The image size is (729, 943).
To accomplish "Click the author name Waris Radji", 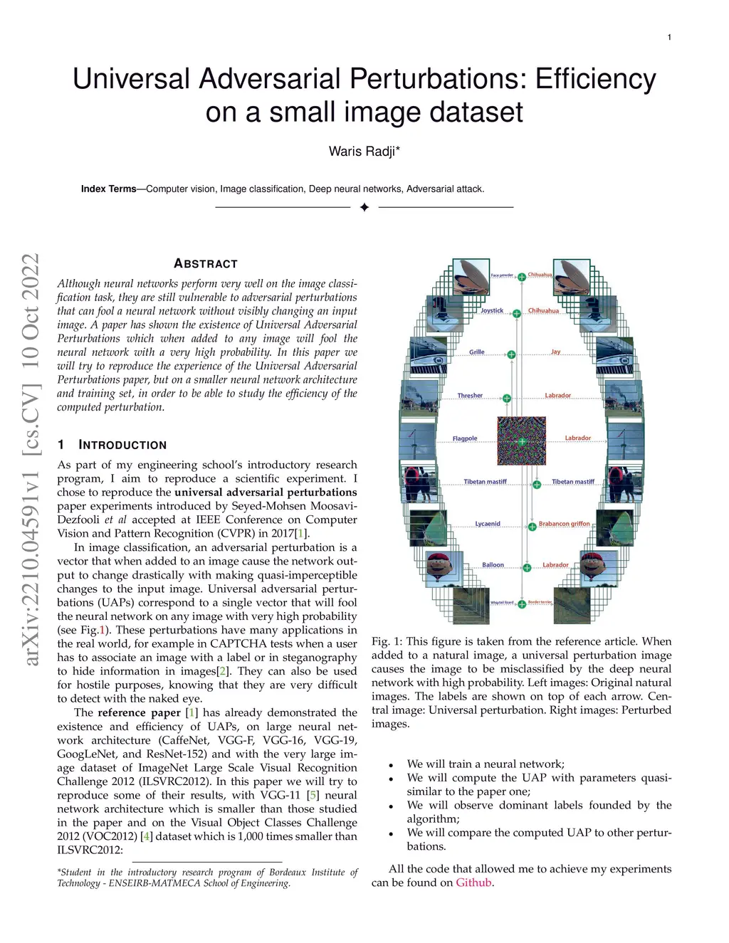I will coord(364,151).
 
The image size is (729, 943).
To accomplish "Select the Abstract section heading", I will coord(206,263).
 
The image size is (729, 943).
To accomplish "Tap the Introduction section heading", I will coord(122,445).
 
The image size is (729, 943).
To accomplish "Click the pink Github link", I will coord(473,883).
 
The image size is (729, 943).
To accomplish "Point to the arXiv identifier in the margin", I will coord(31,459).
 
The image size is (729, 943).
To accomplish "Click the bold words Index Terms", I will coord(108,189).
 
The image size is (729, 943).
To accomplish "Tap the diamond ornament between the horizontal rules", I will coord(364,207).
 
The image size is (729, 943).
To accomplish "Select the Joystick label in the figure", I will coord(492,311).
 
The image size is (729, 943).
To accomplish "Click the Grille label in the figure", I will coord(477,352).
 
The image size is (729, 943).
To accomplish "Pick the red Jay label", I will coord(556,352).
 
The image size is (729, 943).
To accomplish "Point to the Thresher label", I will coord(470,396).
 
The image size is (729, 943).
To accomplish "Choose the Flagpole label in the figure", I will coord(465,438).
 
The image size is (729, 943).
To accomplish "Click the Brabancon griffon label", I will coord(565,524).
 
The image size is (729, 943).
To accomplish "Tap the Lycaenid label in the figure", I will coord(488,524).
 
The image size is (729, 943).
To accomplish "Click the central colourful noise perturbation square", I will coord(521,441).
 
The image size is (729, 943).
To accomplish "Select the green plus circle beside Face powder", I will coord(522,277).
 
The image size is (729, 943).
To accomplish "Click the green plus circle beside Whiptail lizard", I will coord(522,604).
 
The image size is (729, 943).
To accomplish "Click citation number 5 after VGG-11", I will coord(313,795).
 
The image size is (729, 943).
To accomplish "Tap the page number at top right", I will coord(669,37).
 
